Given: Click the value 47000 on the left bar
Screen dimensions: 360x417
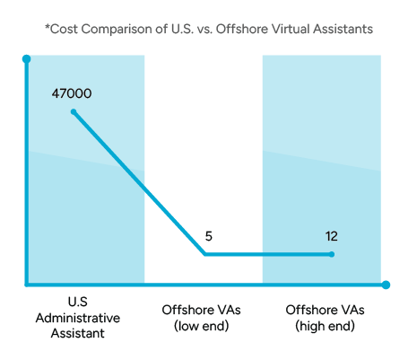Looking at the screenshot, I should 72,93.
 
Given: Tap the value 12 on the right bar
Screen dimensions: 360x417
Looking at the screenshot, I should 331,236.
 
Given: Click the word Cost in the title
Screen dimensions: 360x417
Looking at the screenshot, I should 63,29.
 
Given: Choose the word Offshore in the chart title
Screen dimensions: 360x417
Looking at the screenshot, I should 231,29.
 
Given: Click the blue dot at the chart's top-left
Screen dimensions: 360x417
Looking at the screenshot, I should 24,58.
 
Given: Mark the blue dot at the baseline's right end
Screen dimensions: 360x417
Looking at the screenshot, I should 386,285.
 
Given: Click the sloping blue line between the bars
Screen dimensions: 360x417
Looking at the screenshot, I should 176,222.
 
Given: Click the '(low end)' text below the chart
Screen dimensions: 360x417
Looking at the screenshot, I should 203,324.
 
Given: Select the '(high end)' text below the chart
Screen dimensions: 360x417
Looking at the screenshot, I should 325,324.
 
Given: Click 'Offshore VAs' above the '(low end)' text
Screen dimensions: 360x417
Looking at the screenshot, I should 203,310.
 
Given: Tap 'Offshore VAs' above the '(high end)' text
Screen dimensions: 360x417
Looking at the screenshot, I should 325,310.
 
